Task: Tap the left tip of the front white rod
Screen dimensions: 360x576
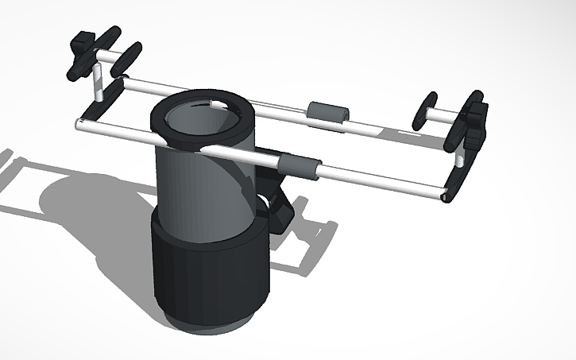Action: click(80, 124)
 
